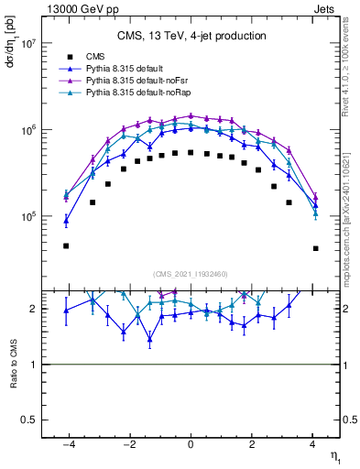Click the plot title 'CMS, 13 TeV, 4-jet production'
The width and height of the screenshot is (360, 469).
[191, 36]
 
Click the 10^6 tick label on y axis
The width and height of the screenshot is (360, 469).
[27, 130]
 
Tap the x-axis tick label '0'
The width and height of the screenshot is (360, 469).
[191, 446]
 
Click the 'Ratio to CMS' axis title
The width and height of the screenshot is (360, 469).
[13, 364]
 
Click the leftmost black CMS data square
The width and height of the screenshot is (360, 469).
[66, 245]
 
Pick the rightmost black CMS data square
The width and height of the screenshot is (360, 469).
[315, 248]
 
